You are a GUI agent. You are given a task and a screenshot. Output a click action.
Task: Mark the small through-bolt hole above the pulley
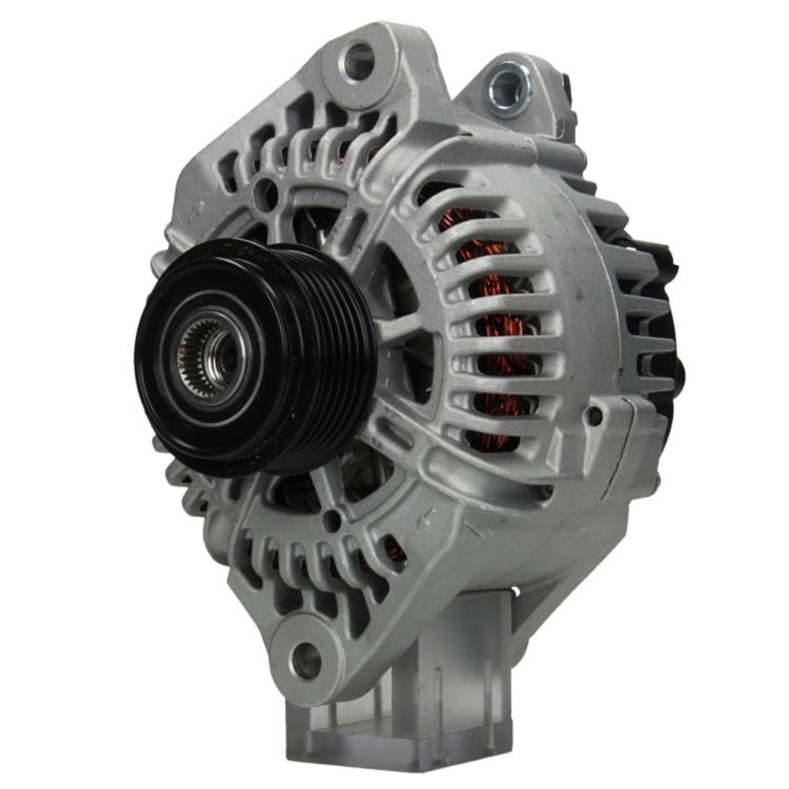[267, 192]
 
